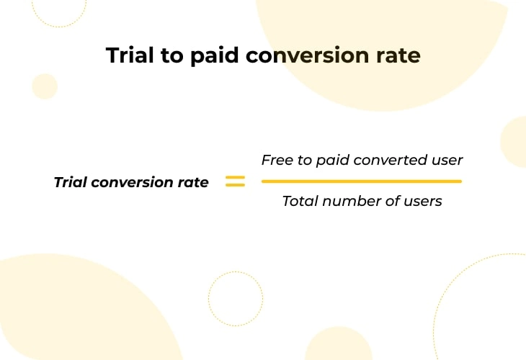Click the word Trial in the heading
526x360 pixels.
130,55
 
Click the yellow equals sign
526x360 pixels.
235,181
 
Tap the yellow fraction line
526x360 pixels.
362,181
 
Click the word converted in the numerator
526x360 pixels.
391,160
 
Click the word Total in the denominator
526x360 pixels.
300,201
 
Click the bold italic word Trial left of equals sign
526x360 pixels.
71,182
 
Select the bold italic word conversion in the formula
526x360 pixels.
132,182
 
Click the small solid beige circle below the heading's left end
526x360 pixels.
45,86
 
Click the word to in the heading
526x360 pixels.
171,56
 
